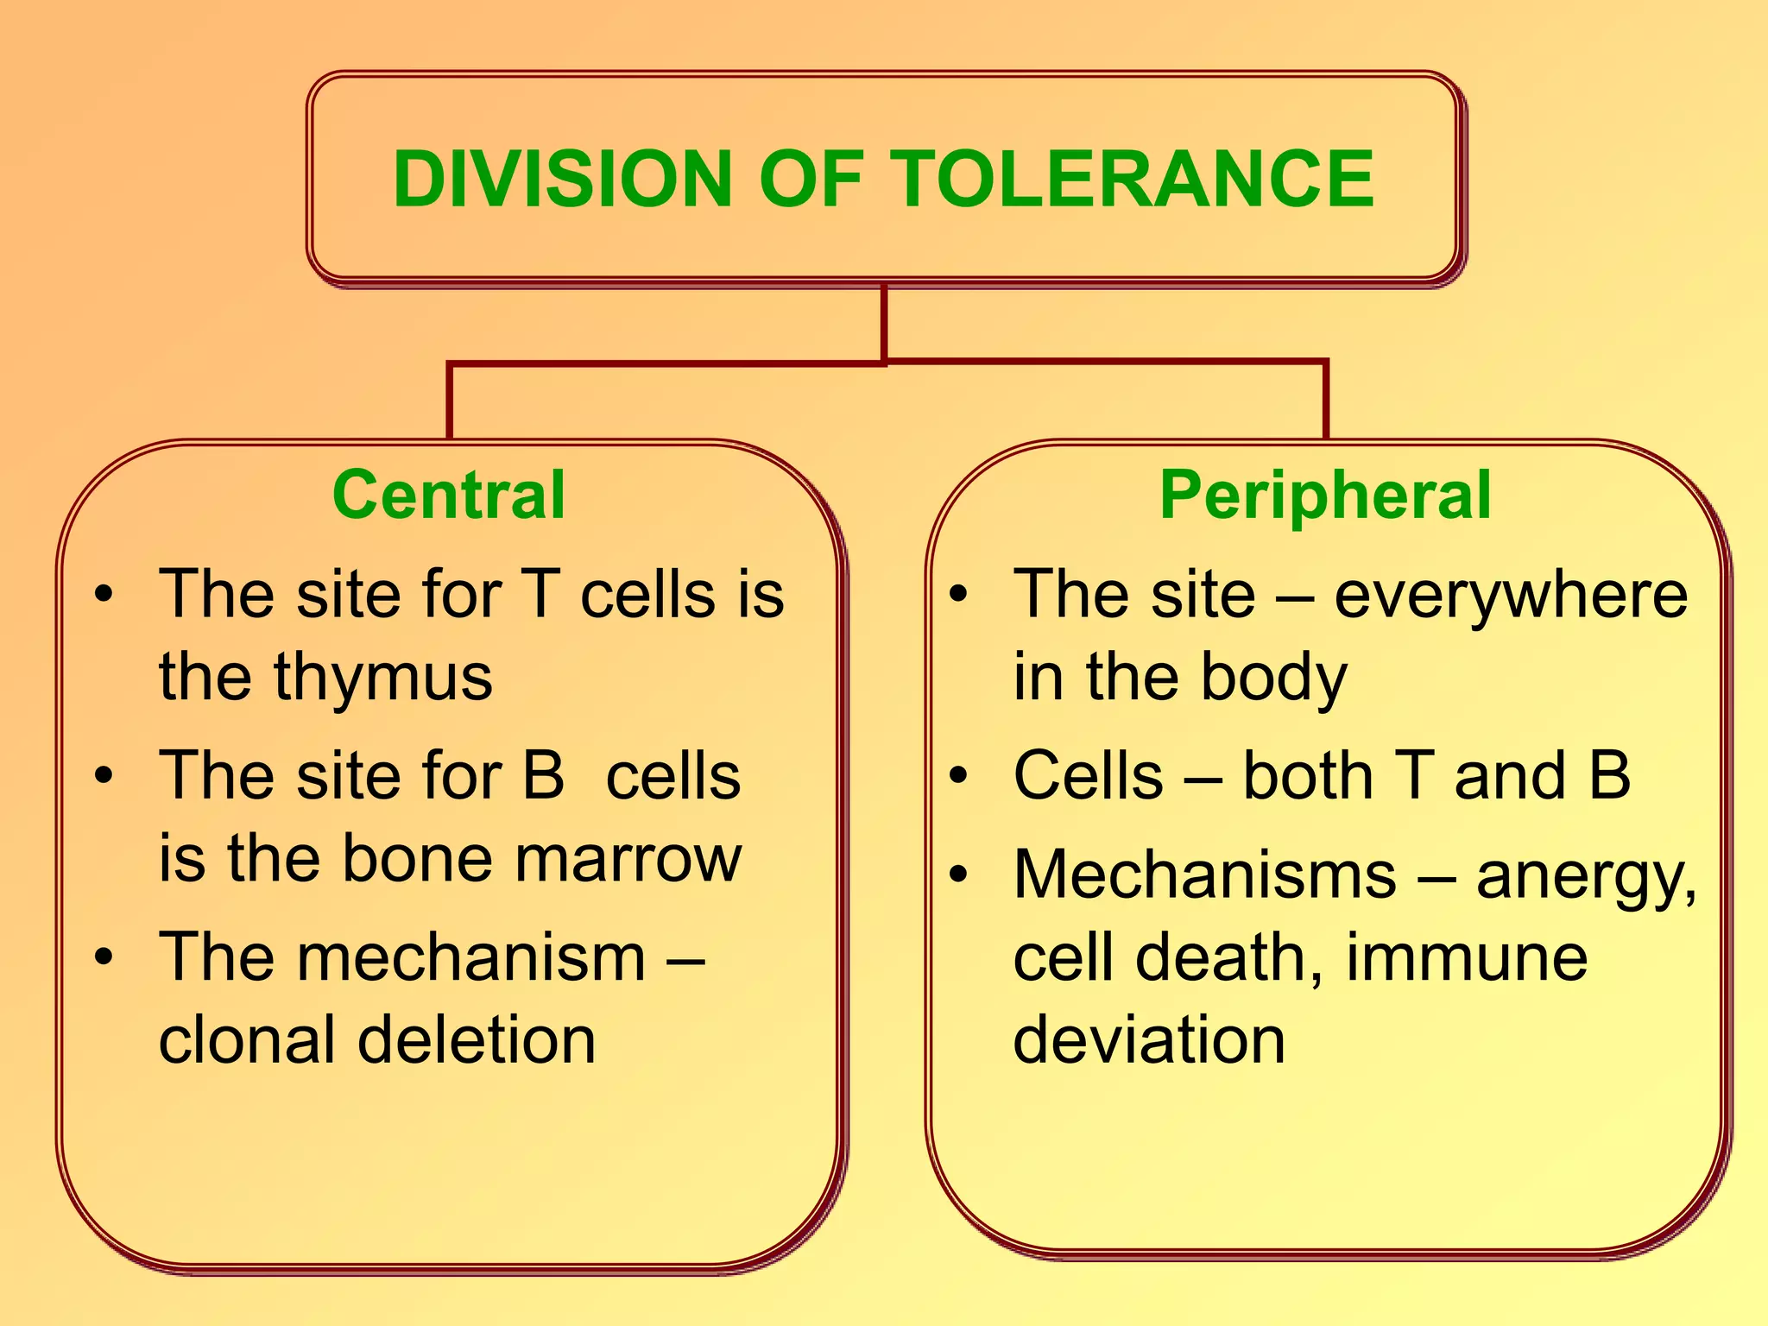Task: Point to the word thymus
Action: point(383,678)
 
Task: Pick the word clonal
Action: point(247,1039)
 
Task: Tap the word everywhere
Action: point(1511,596)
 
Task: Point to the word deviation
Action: point(1149,1039)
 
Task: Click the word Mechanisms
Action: point(1205,875)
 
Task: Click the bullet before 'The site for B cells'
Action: point(104,775)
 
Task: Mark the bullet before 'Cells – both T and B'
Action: point(958,775)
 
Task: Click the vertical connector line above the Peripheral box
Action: point(1325,401)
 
